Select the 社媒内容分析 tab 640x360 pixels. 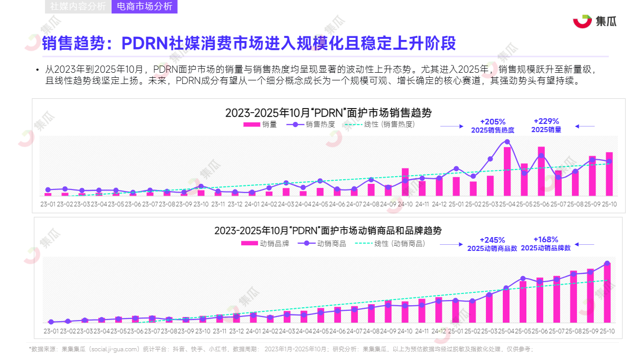78,7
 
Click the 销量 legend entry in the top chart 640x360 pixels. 260,124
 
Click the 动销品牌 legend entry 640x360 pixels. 265,244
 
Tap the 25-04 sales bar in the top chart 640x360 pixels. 507,172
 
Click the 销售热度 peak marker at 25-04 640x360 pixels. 507,142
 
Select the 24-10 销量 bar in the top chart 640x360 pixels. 405,182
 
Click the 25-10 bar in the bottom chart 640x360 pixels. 607,293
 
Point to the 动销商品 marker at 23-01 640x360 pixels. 51,322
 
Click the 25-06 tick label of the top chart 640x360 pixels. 541,203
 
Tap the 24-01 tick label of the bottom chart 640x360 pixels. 253,331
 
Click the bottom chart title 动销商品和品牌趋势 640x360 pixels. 328,230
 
